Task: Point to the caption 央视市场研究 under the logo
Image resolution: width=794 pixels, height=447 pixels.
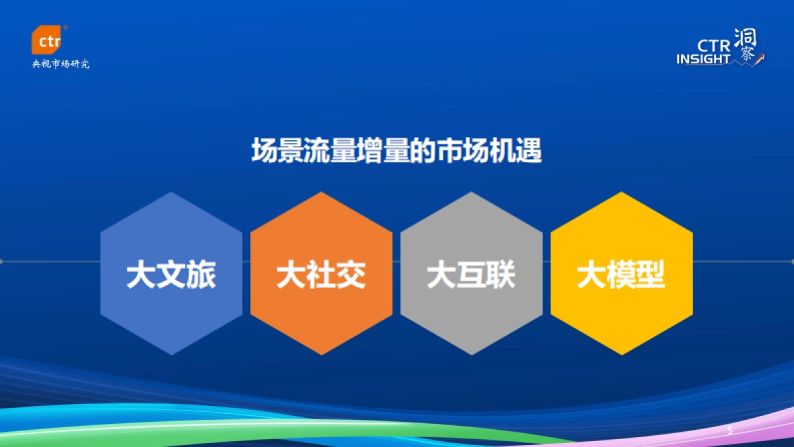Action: tap(61, 64)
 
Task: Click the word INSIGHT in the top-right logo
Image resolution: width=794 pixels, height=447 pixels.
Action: tap(703, 60)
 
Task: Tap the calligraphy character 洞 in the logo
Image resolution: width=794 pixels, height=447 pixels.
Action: tap(746, 37)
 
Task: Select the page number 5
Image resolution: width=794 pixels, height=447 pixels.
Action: tap(730, 431)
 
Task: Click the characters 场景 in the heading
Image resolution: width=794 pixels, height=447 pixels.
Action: tap(275, 152)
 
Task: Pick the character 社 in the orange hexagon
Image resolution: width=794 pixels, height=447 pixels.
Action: tap(321, 275)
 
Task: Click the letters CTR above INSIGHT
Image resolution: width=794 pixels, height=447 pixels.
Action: tap(713, 45)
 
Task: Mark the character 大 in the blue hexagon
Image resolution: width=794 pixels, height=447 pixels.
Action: tap(140, 275)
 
